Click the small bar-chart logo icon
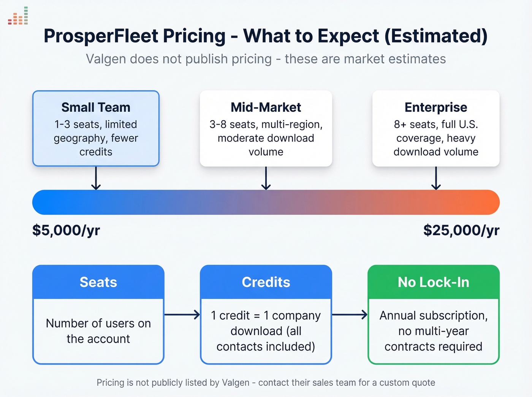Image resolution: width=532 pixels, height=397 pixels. pos(18,16)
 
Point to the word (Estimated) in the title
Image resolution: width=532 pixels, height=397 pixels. pos(436,36)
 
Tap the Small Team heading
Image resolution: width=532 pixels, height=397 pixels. pos(96,108)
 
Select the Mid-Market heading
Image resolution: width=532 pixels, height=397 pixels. pos(266,108)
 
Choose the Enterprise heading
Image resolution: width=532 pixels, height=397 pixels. pos(436,108)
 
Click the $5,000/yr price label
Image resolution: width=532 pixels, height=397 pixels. pos(66,230)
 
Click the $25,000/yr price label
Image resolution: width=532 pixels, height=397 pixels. pos(461,230)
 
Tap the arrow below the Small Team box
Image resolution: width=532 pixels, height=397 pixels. pos(96,178)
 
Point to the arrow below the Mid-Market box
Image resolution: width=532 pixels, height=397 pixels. pos(266,178)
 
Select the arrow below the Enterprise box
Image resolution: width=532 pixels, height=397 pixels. pos(436,178)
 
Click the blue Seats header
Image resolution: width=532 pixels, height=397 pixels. pos(98,282)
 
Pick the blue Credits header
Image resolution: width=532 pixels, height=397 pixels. pos(266,282)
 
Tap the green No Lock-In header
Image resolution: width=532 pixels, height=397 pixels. pos(434,282)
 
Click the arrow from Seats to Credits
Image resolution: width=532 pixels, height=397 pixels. pos(182,315)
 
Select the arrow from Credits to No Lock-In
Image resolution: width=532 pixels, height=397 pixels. pos(350,315)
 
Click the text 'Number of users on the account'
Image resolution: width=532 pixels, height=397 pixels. pos(98,331)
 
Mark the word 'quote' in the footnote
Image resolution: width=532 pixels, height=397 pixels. pos(424,383)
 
